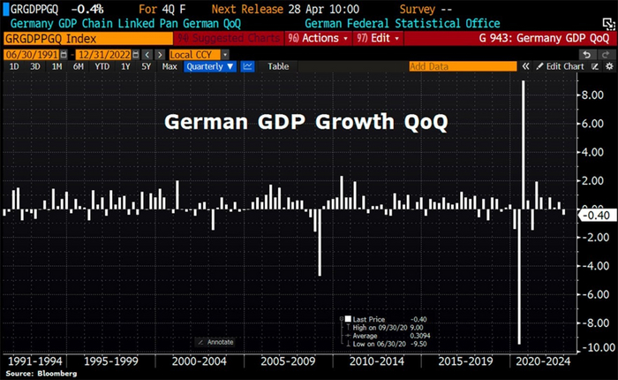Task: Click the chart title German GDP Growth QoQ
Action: [306, 123]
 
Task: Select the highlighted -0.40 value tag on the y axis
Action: [590, 214]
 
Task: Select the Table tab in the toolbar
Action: [278, 66]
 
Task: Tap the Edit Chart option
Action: [561, 66]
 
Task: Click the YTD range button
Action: [103, 66]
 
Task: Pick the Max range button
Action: [170, 66]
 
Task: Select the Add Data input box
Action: [459, 66]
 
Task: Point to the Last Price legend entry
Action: [370, 318]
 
